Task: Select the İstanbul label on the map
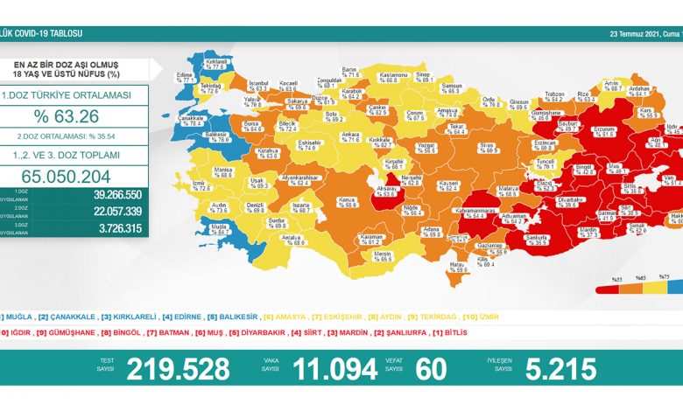tap(257, 86)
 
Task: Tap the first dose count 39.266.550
tap(109, 195)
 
